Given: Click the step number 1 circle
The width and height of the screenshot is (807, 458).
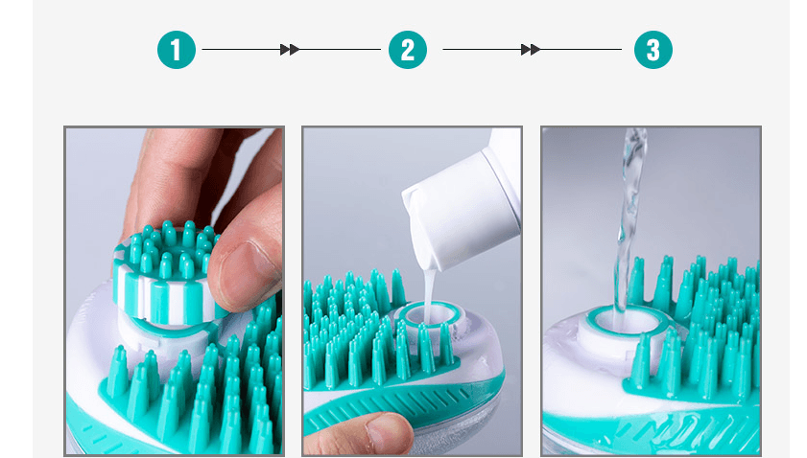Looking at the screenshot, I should (177, 50).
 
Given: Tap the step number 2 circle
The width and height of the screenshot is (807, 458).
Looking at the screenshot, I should (408, 50).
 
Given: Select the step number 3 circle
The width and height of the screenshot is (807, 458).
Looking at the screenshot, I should (653, 50).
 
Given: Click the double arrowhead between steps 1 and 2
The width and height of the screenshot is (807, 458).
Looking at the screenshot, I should (290, 50).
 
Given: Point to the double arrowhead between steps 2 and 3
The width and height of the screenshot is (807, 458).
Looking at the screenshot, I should (530, 50).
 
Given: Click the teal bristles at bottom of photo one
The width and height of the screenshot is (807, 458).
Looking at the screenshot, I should (192, 402).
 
